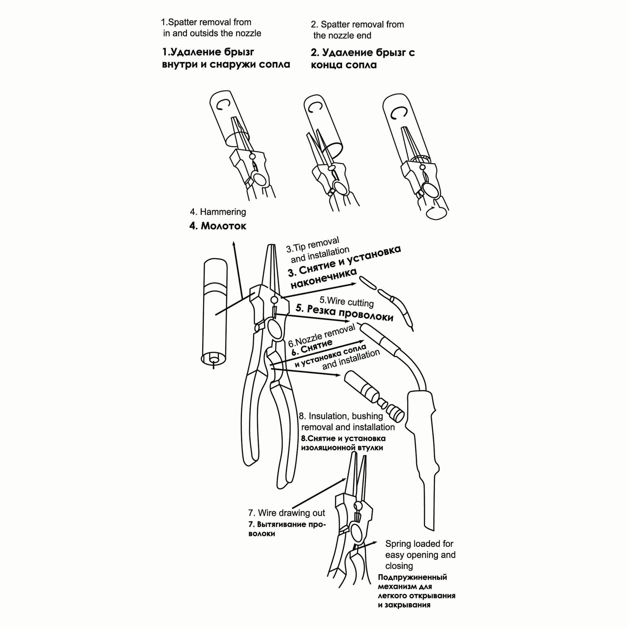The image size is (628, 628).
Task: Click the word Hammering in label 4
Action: point(223,212)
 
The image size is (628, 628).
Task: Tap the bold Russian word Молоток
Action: point(223,226)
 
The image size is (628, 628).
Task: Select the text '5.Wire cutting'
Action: point(347,301)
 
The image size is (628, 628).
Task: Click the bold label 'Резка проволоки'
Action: point(350,313)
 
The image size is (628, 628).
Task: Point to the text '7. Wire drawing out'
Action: point(286,513)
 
